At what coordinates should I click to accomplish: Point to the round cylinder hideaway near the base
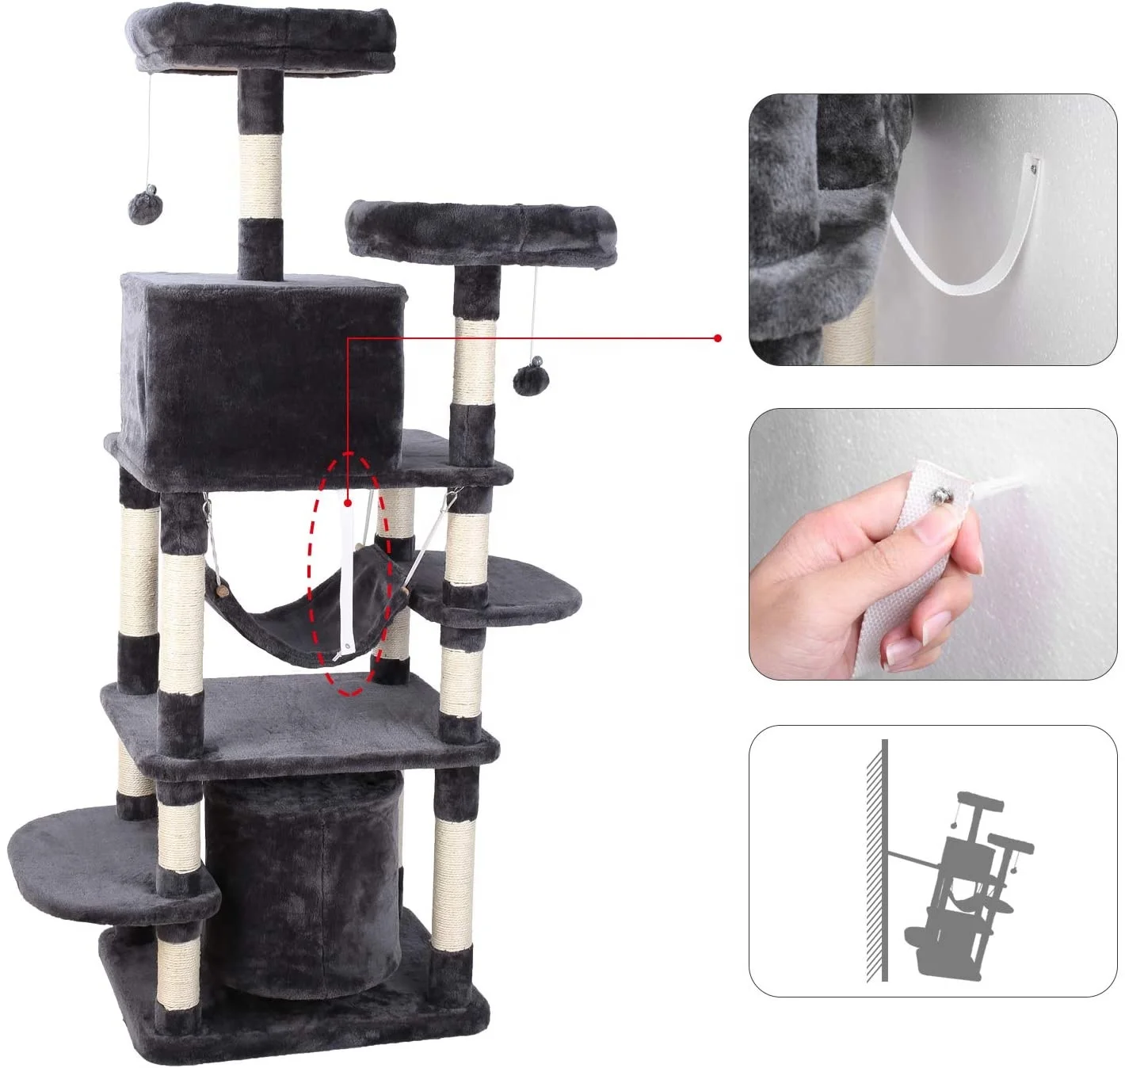305,879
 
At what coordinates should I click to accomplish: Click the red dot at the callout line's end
718,338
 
